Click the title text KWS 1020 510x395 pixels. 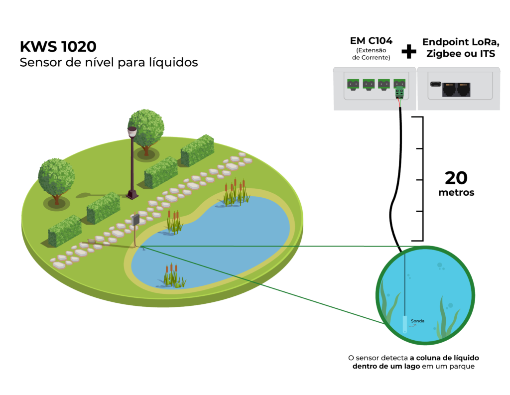point(58,47)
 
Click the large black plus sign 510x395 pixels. point(409,50)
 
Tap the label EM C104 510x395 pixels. point(371,41)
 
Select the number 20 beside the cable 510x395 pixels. point(456,178)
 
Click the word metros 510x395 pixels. point(456,193)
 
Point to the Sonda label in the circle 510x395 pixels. point(417,321)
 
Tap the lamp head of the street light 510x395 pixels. point(132,132)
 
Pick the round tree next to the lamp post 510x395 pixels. point(146,128)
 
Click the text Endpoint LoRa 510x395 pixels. point(459,42)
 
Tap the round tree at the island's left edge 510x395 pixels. point(56,178)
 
